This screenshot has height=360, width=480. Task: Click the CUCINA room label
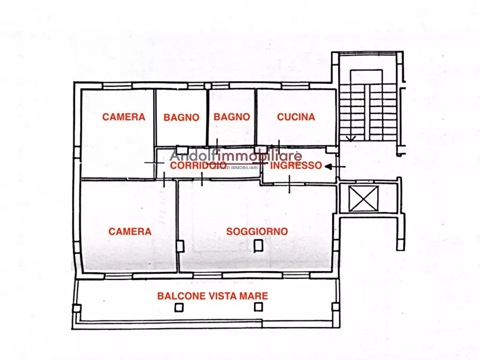coord(296,117)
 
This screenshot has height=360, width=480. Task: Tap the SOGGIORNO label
coord(257,232)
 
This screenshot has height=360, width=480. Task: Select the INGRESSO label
coord(296,165)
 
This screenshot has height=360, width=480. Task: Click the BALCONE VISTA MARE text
coord(212,296)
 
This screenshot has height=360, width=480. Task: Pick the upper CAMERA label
coord(124,117)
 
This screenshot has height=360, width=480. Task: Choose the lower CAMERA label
coord(130,232)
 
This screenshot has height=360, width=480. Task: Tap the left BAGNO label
coord(182,117)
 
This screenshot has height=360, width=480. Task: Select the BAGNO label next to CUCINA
coord(232,117)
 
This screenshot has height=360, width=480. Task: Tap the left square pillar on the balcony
coord(179,307)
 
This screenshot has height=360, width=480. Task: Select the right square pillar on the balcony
coord(259,307)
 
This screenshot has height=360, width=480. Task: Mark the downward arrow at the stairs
coord(350,138)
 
